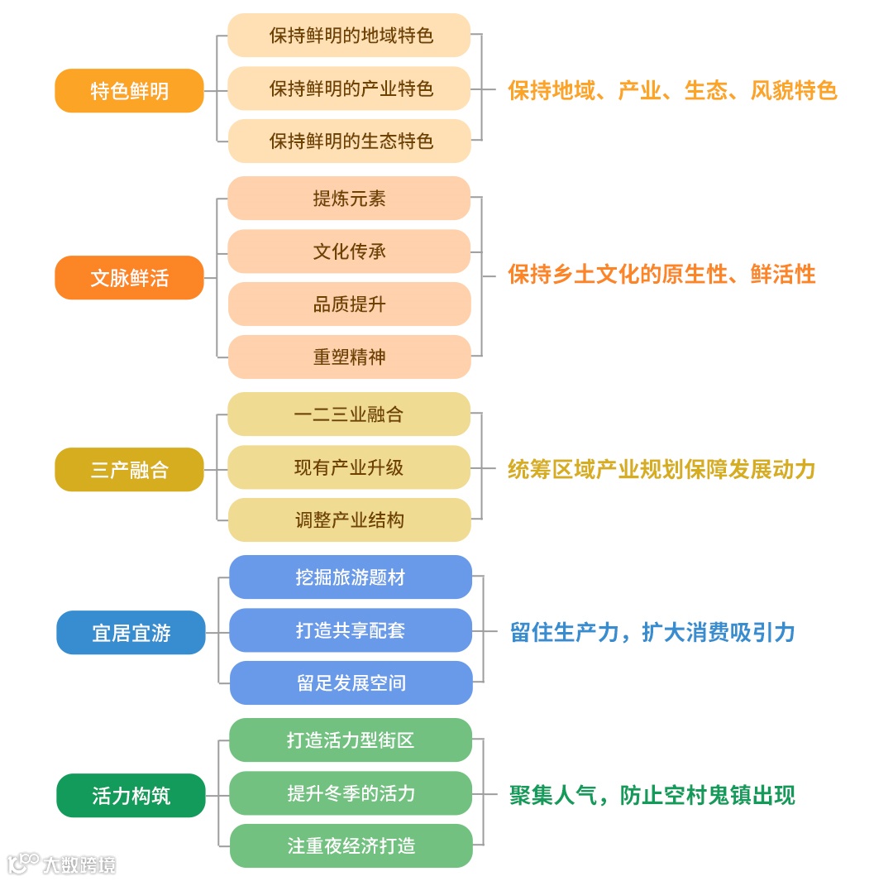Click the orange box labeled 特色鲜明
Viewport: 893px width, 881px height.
click(129, 90)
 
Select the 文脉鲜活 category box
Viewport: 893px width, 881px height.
click(129, 278)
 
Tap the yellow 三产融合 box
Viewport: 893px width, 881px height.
click(129, 470)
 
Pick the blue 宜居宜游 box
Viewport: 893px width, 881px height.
click(131, 633)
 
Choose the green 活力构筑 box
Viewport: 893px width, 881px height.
click(131, 796)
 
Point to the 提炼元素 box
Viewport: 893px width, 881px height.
click(349, 199)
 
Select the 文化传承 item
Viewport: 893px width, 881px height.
click(349, 251)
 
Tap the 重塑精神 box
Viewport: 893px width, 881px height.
click(349, 357)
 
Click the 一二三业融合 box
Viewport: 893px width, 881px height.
click(349, 414)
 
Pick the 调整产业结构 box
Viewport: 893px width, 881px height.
click(349, 520)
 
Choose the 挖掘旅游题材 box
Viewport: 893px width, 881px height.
click(351, 577)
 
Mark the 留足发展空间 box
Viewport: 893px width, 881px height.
click(351, 683)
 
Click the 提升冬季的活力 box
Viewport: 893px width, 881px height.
click(351, 793)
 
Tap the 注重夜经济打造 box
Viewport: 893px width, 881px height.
click(351, 846)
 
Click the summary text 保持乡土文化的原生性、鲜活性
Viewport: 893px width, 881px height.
click(661, 275)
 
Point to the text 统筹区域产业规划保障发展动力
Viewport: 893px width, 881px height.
click(661, 470)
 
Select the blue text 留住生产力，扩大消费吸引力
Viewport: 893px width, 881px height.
click(652, 633)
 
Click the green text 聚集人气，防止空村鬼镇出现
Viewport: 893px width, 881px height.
click(652, 796)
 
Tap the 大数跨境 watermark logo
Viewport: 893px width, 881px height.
click(62, 864)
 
